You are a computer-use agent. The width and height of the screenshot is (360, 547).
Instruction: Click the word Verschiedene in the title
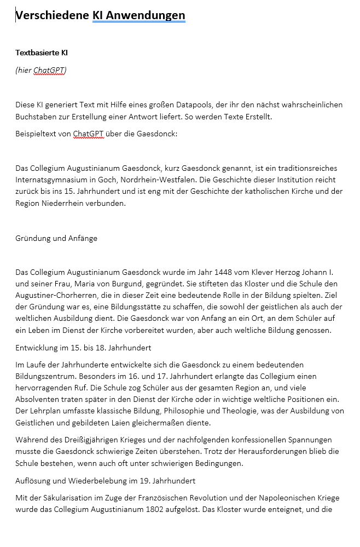(53, 15)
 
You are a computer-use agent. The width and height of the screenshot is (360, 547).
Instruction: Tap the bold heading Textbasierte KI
(42, 53)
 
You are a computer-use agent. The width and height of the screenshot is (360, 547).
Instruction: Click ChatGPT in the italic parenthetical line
(49, 70)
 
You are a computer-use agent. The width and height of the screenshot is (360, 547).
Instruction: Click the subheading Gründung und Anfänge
(56, 238)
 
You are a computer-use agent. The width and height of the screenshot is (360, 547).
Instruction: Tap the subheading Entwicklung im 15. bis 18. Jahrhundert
(83, 348)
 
